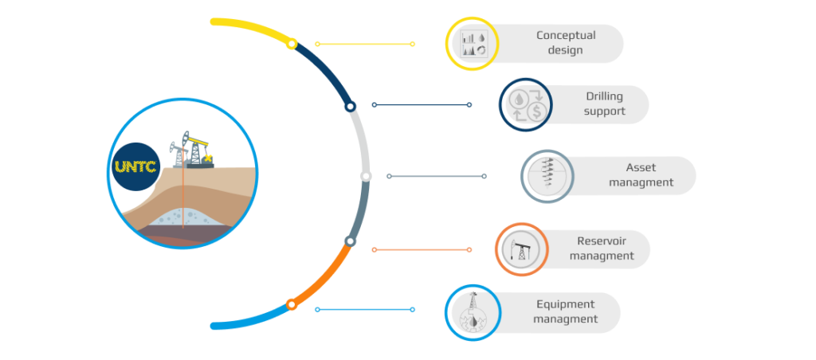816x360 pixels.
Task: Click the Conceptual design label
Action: coord(565,43)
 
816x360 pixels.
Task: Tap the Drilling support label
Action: coord(604,104)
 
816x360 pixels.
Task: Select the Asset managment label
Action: coord(641,175)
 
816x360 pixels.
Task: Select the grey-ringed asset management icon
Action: coord(547,176)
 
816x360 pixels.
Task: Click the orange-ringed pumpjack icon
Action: coord(521,249)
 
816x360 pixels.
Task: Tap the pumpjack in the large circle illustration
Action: coord(190,150)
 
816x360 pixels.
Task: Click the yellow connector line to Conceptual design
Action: coord(364,44)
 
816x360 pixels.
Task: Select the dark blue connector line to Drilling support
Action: coord(422,104)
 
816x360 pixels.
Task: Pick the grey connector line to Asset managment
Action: coord(436,176)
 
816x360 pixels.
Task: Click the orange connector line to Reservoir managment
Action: coord(421,249)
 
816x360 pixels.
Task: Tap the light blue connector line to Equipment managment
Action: coord(364,310)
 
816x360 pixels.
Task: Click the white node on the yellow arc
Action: coord(292,45)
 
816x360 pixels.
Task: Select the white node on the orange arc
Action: coord(292,304)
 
